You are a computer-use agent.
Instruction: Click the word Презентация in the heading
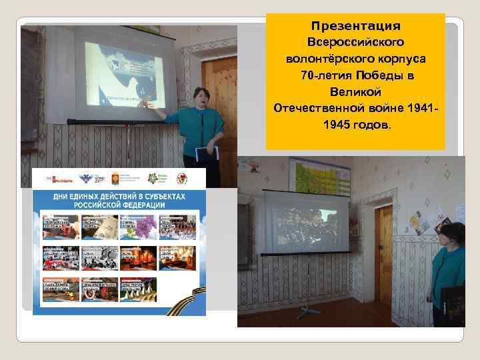point(355,26)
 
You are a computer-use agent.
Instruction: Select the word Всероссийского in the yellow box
point(355,42)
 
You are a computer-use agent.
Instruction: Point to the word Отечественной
point(319,107)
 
